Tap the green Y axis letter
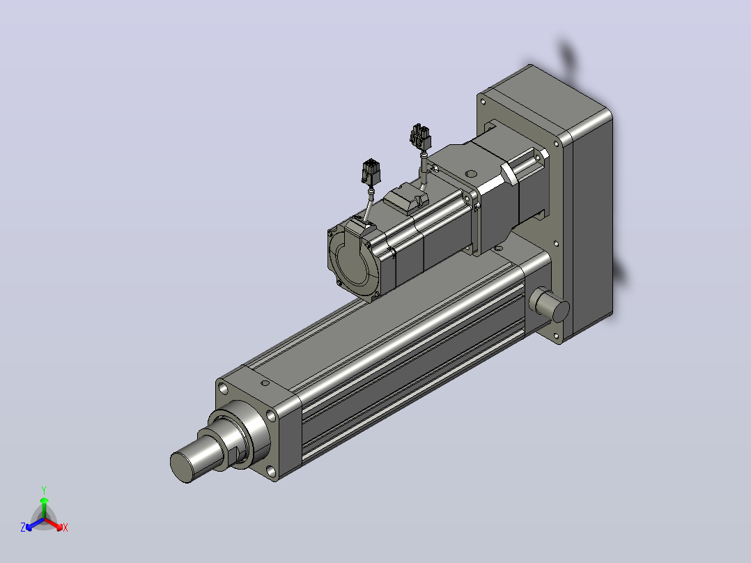click(44, 490)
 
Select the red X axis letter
click(65, 527)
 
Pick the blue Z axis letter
click(23, 527)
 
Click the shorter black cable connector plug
click(371, 171)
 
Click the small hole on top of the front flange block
click(265, 383)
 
